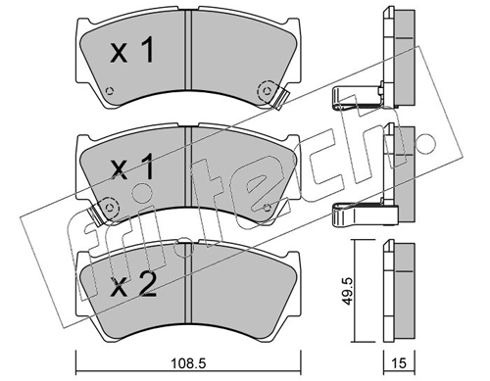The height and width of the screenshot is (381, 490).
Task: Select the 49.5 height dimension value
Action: pyautogui.click(x=348, y=291)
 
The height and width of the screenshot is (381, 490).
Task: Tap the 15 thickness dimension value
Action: pyautogui.click(x=399, y=363)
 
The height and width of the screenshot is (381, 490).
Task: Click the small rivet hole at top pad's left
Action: pyautogui.click(x=110, y=91)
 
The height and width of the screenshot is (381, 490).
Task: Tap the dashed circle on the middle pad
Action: pyautogui.click(x=110, y=207)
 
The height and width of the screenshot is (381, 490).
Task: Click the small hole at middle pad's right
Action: pyautogui.click(x=267, y=207)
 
